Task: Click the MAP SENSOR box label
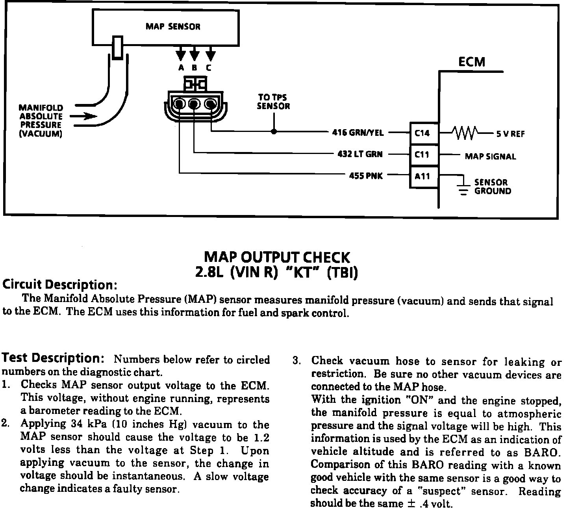coord(173,27)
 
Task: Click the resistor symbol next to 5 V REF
coord(465,133)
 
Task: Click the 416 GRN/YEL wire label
coord(358,133)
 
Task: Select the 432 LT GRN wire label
coord(360,154)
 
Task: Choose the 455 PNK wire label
coord(366,176)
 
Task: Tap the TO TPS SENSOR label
coord(273,102)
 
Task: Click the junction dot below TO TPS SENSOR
coord(274,132)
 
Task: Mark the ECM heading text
coord(472,62)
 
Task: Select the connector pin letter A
coord(181,68)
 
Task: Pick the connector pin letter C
coord(208,68)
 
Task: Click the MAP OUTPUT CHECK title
coord(276,258)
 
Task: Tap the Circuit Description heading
coord(60,284)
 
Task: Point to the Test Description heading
coord(53,358)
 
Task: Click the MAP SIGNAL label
coord(490,157)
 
